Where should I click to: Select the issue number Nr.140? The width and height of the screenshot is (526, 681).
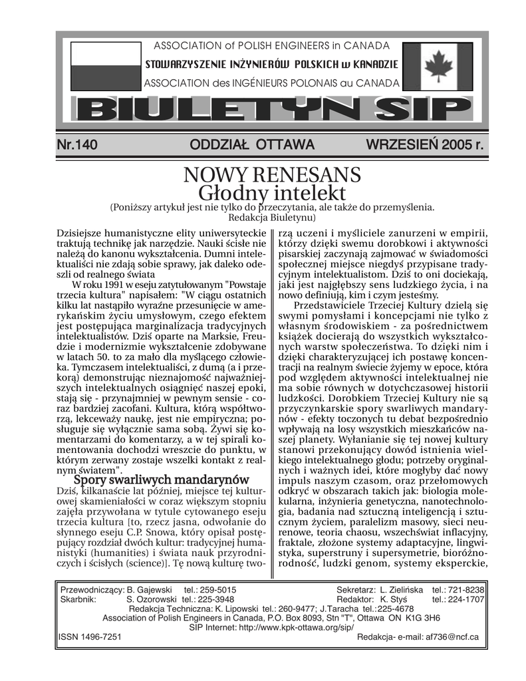point(78,145)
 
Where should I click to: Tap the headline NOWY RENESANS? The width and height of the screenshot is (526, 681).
point(272,175)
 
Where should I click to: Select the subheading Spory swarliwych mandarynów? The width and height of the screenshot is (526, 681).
point(161,479)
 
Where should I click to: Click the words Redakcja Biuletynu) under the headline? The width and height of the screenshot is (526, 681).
point(272,217)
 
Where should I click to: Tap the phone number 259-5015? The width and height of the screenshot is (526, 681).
point(217,589)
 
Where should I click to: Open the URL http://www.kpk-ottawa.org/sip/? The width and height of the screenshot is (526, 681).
point(295,626)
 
